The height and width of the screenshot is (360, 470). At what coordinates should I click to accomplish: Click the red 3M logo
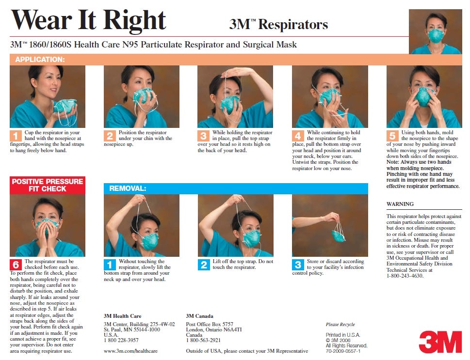pos(440,342)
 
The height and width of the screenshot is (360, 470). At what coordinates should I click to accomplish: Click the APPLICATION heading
pos(40,60)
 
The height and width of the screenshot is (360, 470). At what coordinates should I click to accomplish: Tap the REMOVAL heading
pos(128,188)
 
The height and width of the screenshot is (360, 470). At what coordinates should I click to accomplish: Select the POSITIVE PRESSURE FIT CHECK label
pos(47,185)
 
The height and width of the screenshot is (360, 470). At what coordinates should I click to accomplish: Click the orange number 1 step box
pos(15,135)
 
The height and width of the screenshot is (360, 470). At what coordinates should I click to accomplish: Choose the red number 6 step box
pos(16,264)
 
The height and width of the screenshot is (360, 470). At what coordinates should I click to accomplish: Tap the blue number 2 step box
pos(204,265)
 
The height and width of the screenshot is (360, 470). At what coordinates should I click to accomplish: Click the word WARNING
pos(400,204)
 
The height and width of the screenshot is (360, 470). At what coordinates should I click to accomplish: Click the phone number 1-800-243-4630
pos(405,276)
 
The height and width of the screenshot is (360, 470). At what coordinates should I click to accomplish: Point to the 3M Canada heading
pos(199,316)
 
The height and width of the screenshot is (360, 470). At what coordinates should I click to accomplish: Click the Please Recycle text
pos(340,324)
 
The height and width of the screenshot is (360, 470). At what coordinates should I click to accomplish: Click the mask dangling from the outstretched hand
pos(339,235)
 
